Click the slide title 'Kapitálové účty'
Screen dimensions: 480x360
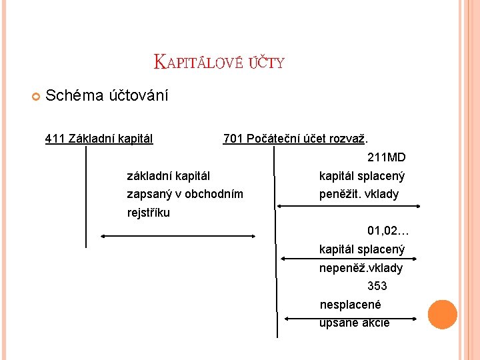point(219,63)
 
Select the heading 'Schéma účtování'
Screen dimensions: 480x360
point(107,96)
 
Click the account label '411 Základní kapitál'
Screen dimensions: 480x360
point(99,139)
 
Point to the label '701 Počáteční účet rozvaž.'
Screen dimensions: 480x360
point(295,139)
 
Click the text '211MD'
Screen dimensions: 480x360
point(386,158)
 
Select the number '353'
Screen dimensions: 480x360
point(377,287)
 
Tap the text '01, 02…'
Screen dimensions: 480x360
point(387,231)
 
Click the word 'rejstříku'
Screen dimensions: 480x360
point(148,213)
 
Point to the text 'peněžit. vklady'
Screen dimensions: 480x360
point(359,195)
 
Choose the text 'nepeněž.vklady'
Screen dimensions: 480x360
point(361,268)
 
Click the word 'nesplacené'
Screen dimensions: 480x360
point(350,305)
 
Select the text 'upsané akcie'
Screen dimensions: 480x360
point(354,323)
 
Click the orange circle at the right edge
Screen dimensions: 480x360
point(442,315)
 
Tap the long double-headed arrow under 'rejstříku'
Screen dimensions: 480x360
point(178,235)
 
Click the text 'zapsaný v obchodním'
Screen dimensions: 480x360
point(185,195)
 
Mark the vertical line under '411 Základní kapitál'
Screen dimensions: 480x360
point(86,197)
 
